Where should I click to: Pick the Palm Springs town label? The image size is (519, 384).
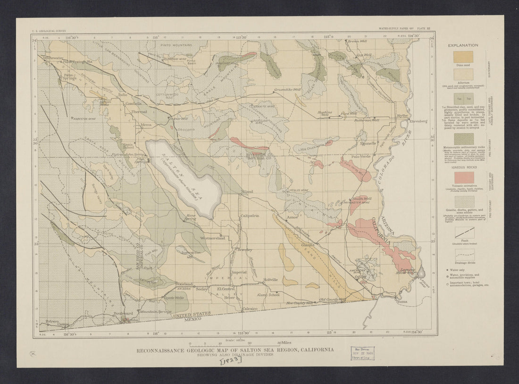[x=69, y=76]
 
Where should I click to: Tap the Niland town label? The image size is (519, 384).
[x=247, y=191]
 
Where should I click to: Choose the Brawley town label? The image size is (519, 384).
[x=245, y=249]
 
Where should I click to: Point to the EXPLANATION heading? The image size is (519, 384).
[x=463, y=45]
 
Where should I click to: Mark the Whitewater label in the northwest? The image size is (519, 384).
[x=52, y=58]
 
